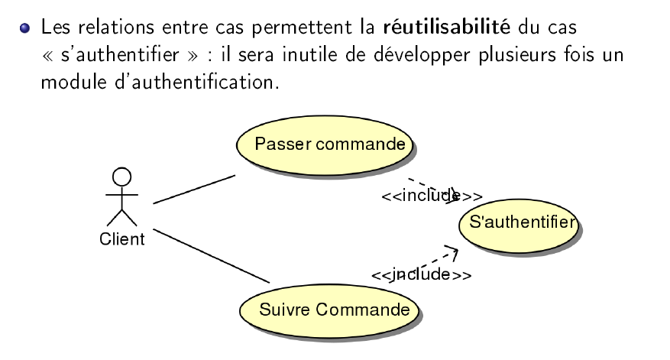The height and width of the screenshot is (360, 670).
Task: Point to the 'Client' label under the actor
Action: [121, 239]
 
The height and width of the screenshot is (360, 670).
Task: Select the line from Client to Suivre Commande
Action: [212, 256]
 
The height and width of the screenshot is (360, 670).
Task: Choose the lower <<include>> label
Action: [420, 274]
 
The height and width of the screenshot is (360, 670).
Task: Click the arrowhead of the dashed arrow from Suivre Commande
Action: [454, 252]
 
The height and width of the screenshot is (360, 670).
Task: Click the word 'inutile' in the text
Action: [299, 55]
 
